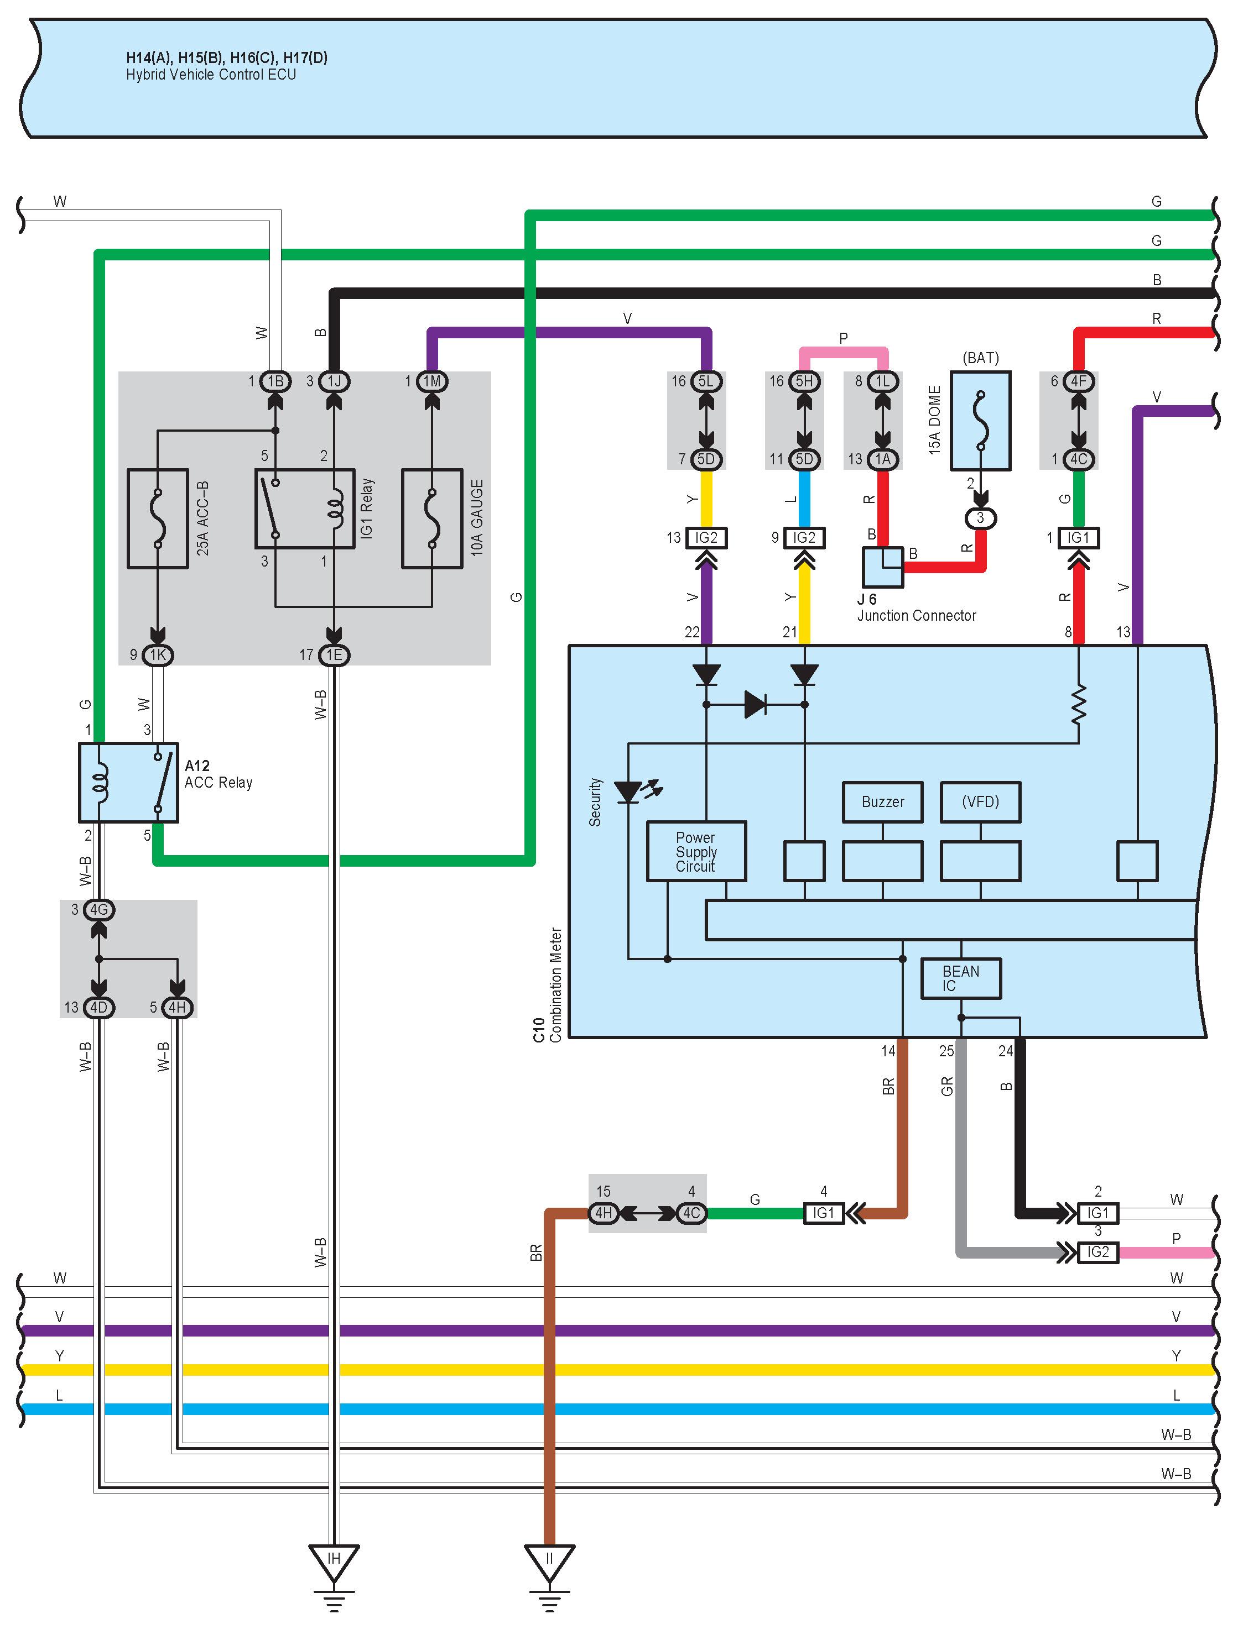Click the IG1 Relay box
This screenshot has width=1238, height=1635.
[305, 509]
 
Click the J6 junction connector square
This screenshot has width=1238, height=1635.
[883, 567]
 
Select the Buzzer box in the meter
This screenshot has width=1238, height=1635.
[882, 802]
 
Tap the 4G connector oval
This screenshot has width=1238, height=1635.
[99, 910]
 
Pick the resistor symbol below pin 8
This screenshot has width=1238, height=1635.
[1079, 704]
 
